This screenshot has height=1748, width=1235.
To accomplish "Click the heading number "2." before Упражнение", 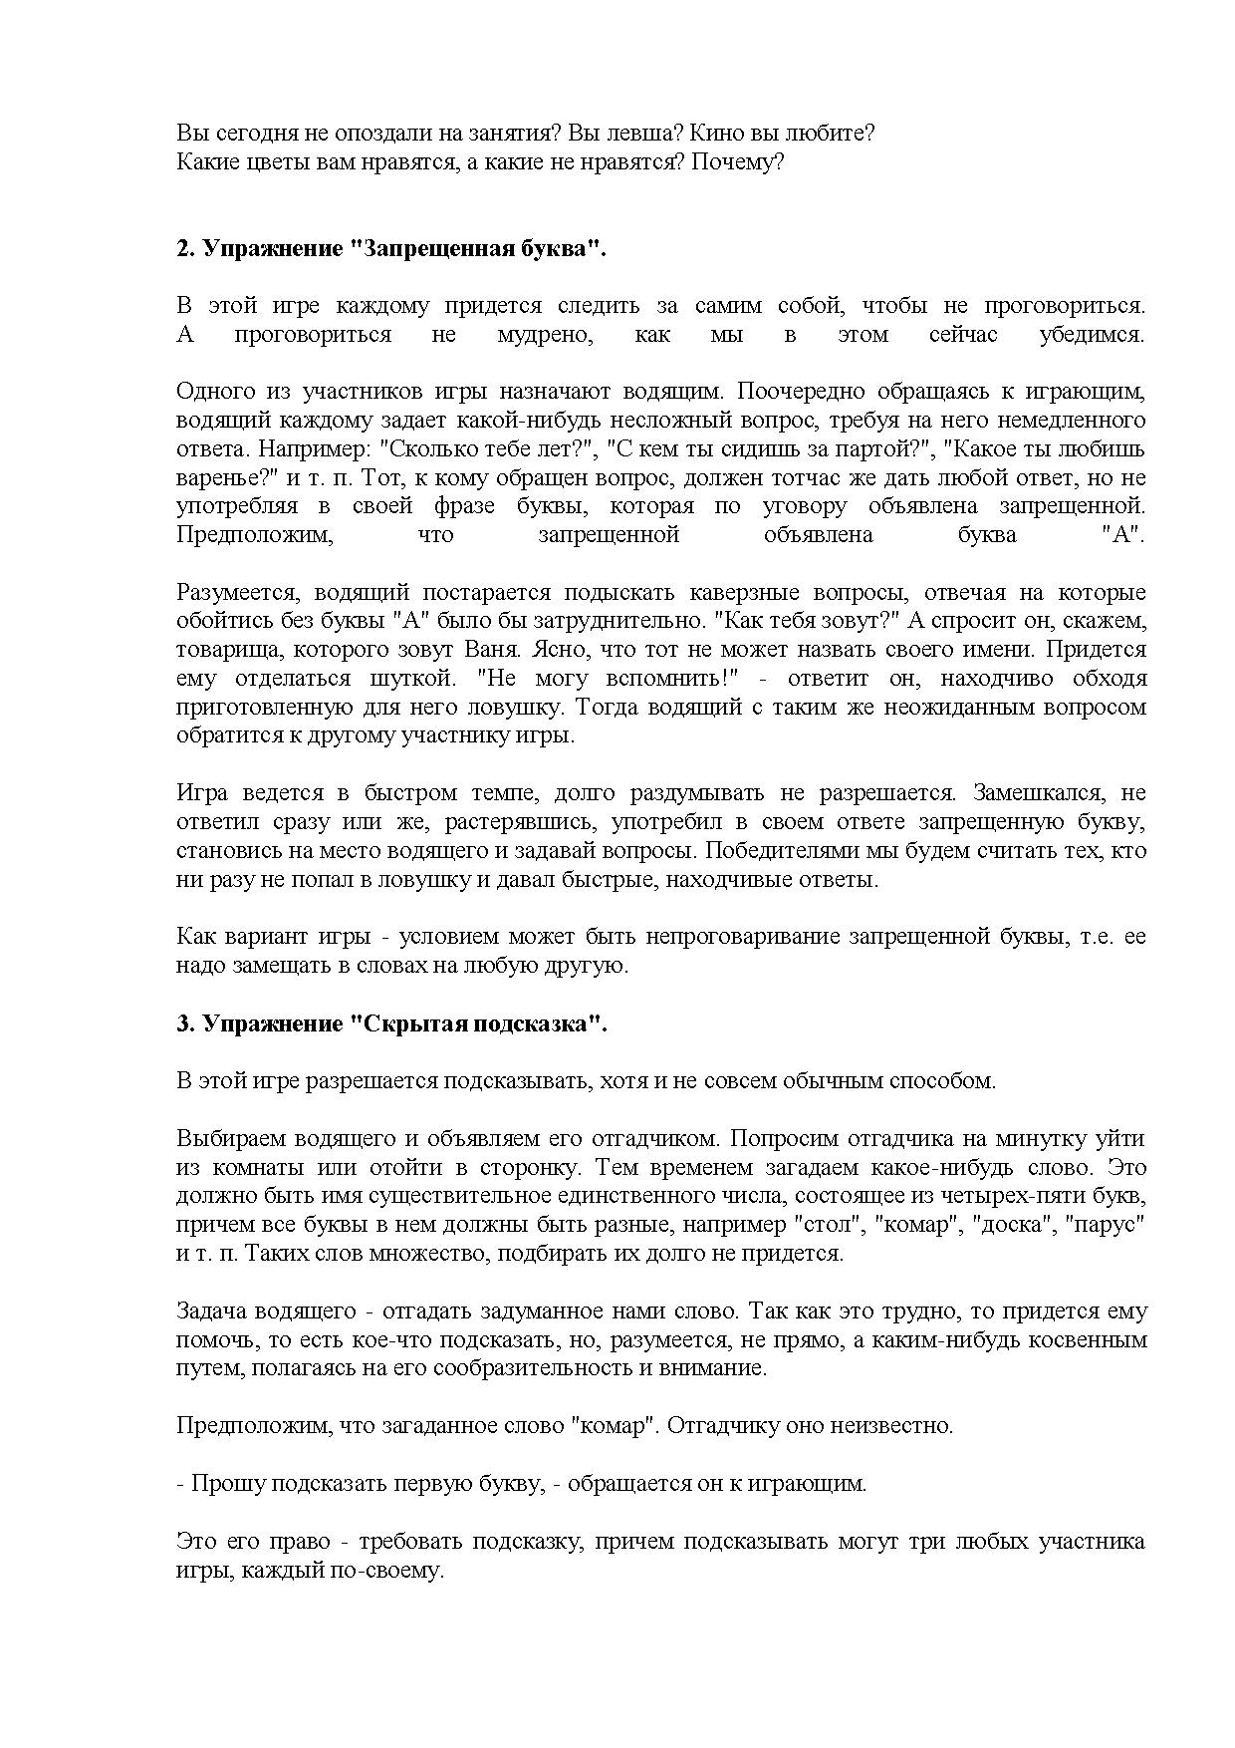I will (185, 249).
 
